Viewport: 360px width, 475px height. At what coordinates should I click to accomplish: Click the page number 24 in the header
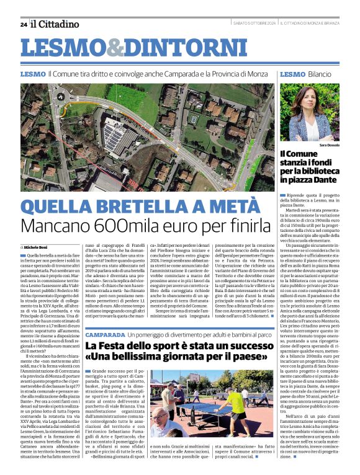23,24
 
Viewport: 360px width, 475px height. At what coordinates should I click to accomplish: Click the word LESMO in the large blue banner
61,49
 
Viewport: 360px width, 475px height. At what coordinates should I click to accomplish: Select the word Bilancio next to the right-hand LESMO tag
319,74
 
